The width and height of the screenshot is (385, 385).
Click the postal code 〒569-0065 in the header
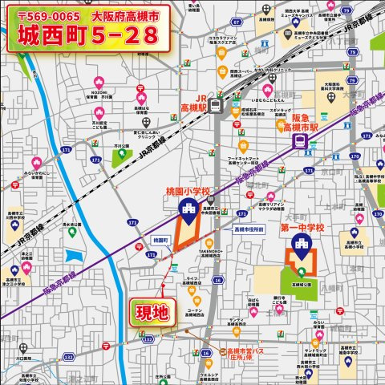47,15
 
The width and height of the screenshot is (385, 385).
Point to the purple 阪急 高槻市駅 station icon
300,141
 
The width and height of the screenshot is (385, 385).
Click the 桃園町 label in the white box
159,240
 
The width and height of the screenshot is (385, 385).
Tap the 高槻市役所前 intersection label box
249,229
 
